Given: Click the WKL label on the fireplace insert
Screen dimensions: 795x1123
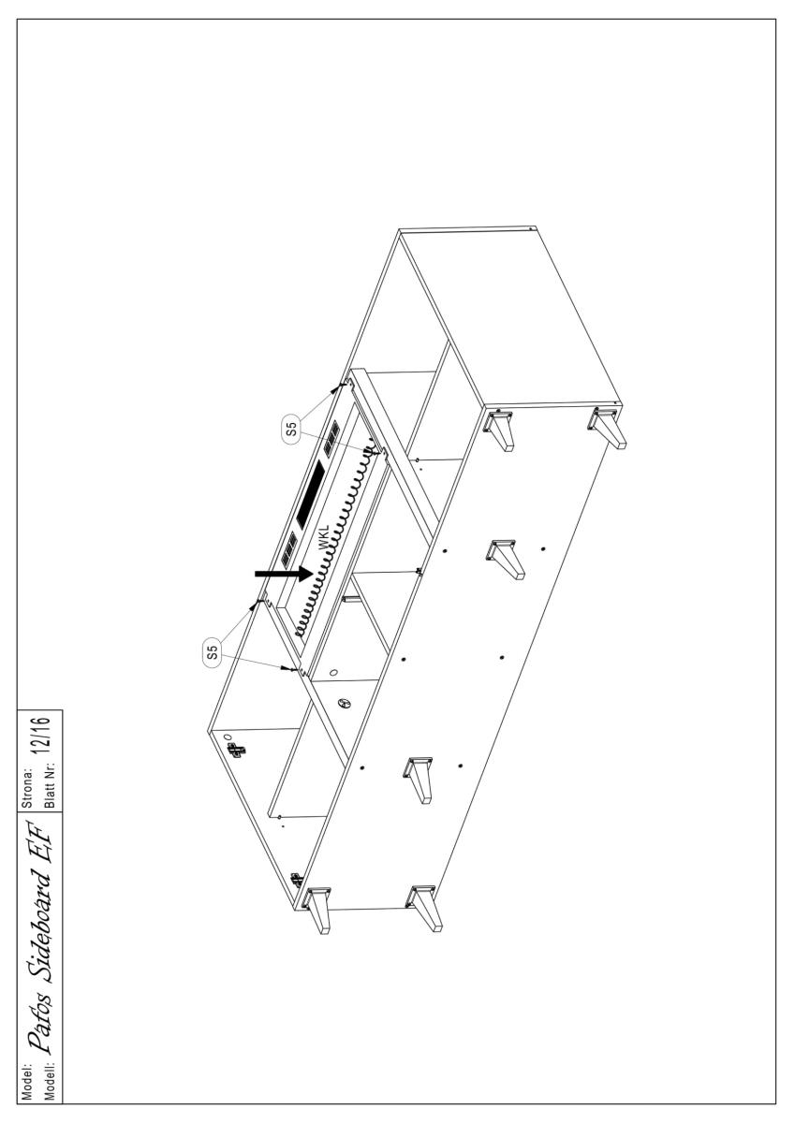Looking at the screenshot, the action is point(324,538).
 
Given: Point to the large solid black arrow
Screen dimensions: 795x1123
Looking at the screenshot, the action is point(284,573).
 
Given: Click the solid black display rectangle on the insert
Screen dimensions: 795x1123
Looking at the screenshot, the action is point(311,494).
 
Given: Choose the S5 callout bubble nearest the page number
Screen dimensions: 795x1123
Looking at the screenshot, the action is point(213,651).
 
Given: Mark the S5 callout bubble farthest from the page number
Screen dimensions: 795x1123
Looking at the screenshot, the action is point(291,429).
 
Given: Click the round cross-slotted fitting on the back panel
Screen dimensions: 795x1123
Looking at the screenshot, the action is point(344,704).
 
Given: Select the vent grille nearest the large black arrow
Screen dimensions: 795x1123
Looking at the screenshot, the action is point(289,549).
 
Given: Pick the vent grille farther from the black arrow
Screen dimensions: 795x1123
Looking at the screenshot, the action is point(331,439).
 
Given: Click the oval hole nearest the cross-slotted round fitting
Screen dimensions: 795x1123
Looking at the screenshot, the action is point(334,672).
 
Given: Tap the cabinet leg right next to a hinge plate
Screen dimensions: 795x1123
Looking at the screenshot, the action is point(317,910).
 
